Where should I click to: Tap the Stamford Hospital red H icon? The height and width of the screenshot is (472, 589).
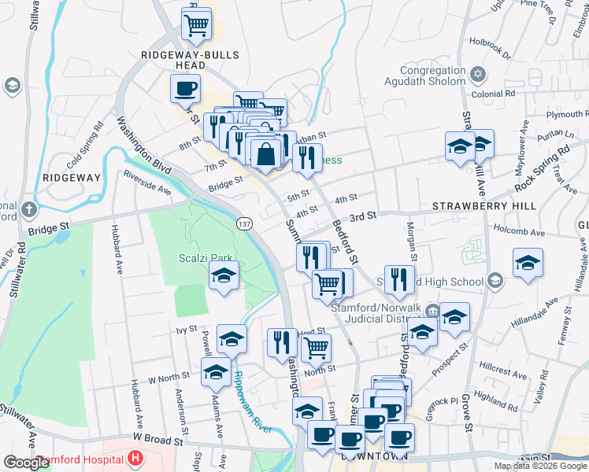pos(136,457)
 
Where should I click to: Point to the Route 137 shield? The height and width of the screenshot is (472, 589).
pos(244,224)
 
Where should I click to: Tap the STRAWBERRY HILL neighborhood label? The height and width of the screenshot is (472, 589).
pos(483,206)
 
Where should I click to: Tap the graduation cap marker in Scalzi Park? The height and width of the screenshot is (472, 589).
pos(224,276)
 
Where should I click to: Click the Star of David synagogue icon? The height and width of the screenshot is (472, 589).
pos(476,76)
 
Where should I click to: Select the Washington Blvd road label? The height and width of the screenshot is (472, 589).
pos(143,146)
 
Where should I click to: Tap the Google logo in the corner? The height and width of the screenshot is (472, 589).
pos(26,462)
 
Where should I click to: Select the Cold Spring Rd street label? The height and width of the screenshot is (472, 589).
pos(86,147)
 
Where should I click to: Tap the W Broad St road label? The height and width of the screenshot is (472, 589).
pos(157,441)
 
